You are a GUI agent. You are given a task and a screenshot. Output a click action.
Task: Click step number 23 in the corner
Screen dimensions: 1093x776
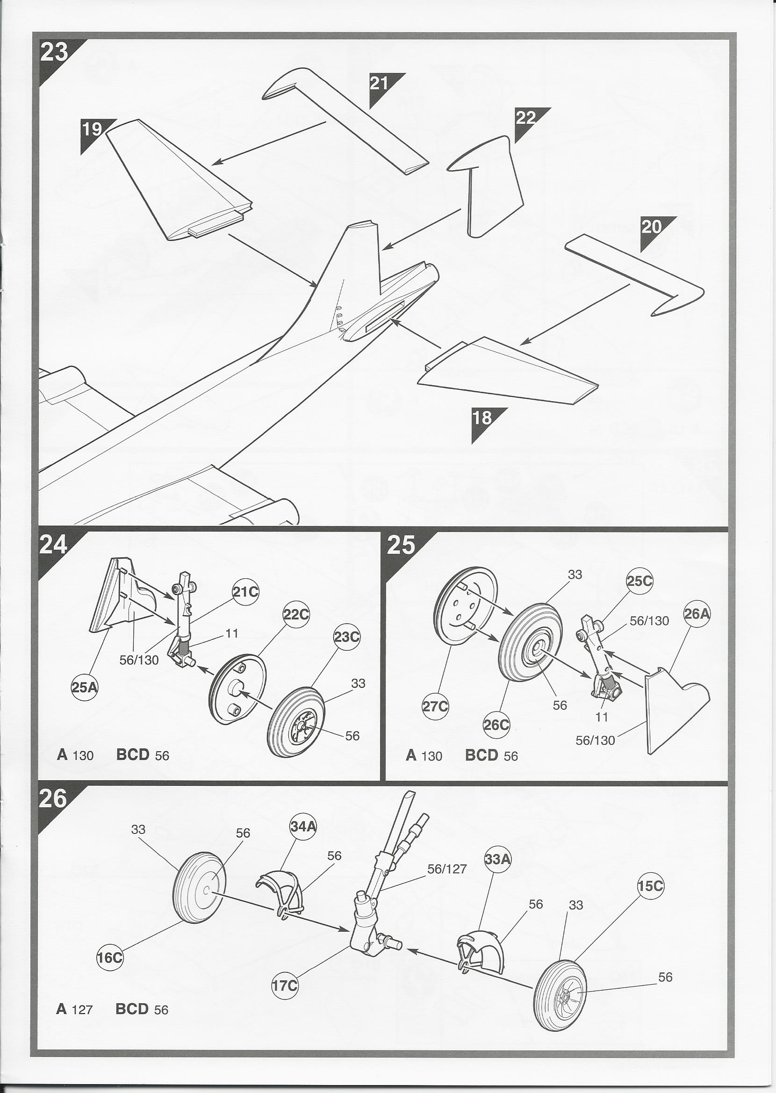click(54, 52)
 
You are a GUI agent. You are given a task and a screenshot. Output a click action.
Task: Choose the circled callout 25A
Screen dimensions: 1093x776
click(84, 687)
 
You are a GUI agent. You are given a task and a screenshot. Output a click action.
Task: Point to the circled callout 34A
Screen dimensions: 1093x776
click(303, 826)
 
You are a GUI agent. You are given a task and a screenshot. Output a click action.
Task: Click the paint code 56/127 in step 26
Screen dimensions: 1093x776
click(447, 869)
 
